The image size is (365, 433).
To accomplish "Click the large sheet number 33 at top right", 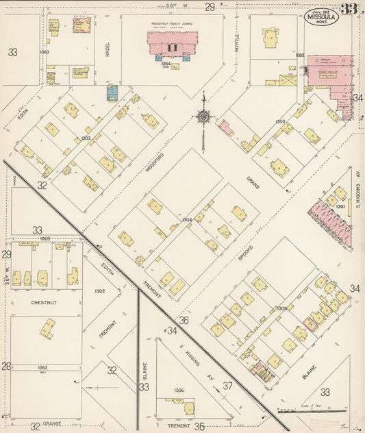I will (x=351, y=9).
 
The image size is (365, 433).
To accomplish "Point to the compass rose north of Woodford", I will (x=203, y=116).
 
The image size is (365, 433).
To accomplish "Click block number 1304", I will (x=186, y=220).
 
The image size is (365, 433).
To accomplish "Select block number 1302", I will (x=100, y=291).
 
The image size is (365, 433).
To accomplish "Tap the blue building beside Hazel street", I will (x=112, y=93).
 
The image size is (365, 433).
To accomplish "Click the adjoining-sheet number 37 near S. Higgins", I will (x=227, y=386).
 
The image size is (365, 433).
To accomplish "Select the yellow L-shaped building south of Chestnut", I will (x=47, y=328).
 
